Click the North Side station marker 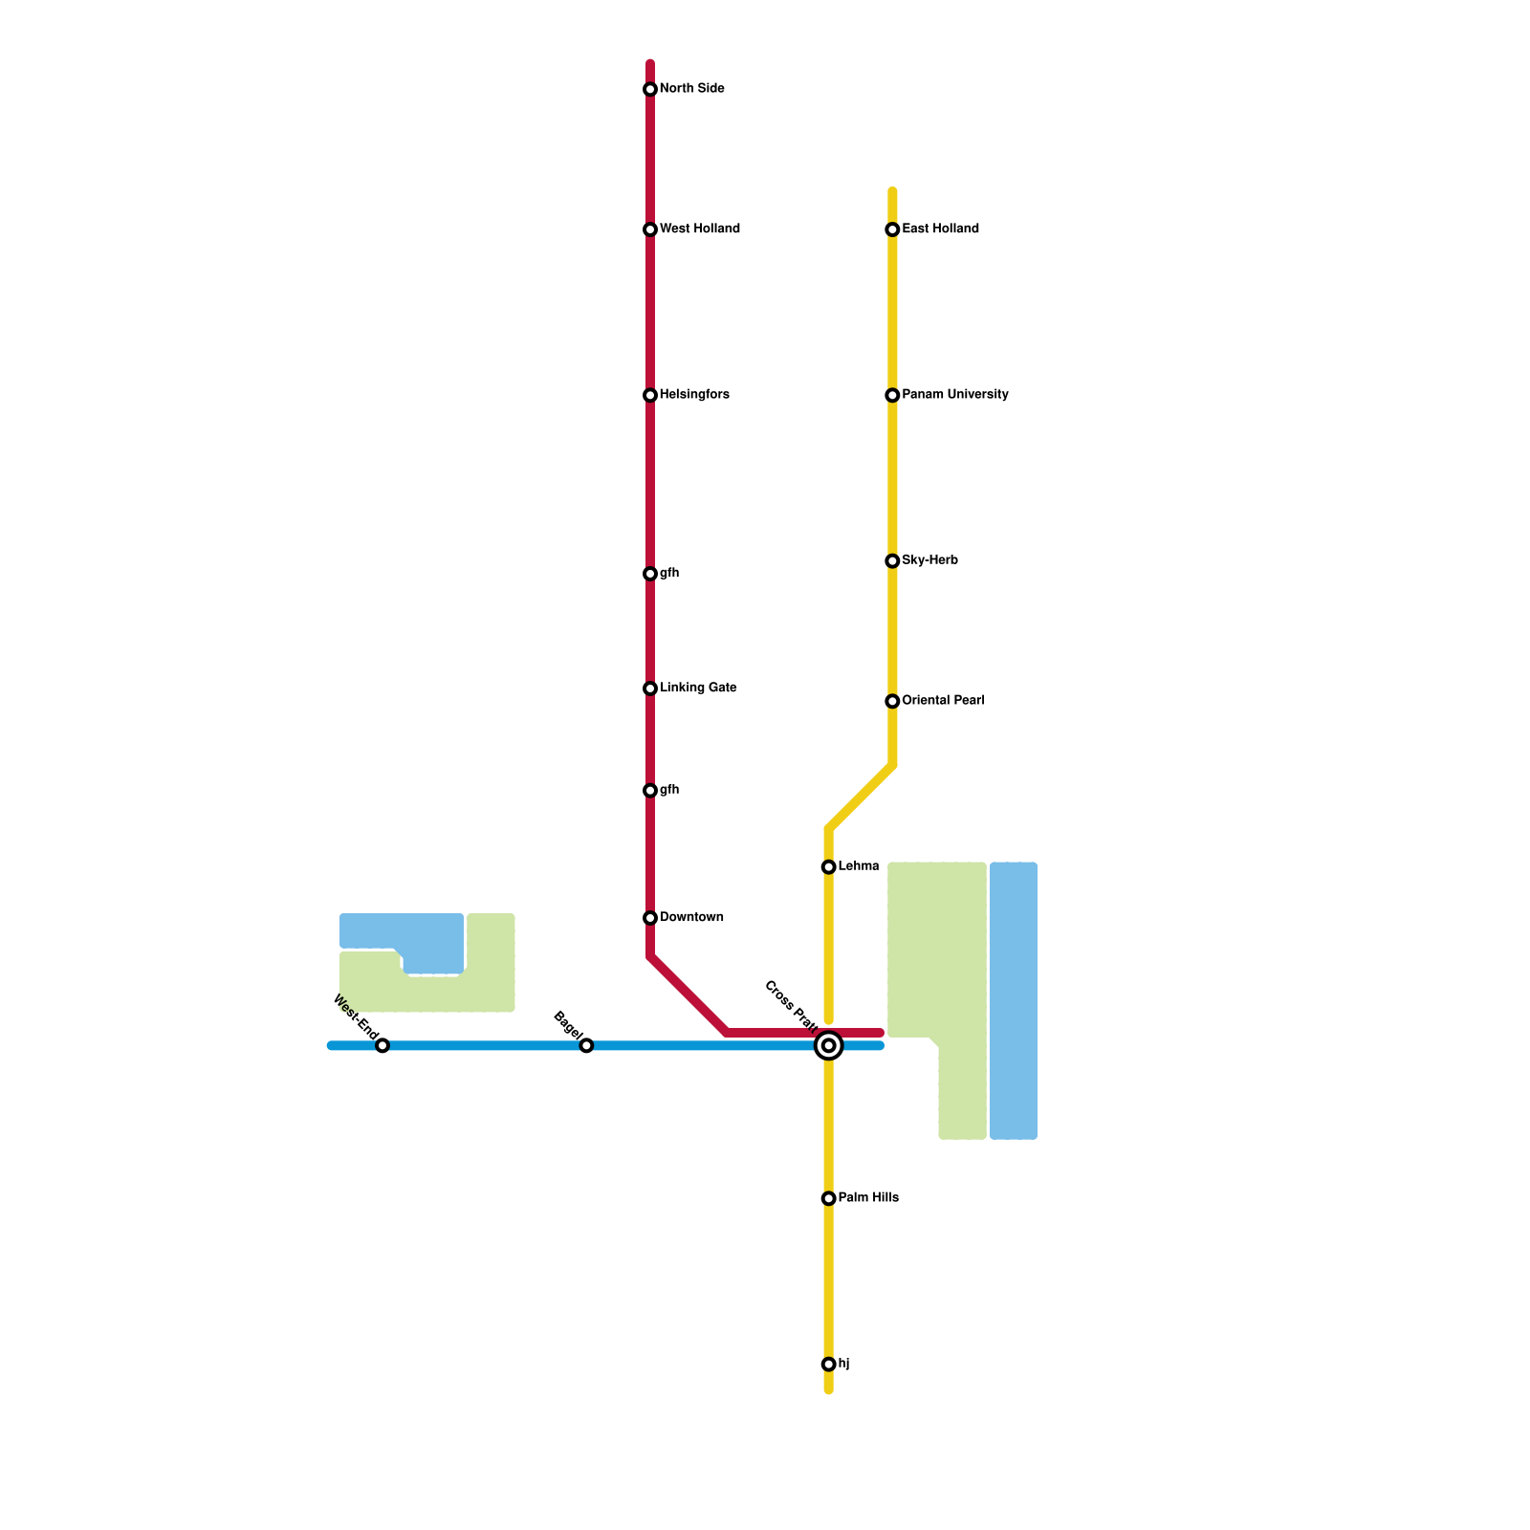(650, 90)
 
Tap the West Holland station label (700, 229)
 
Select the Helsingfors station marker (650, 396)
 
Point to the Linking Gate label (698, 688)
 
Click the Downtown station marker (650, 918)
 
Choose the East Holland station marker (892, 229)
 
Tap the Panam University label (954, 395)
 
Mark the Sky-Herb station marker (892, 561)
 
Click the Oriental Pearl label (943, 701)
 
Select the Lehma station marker (829, 867)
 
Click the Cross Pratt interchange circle (829, 1046)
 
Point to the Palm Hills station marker (829, 1199)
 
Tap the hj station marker (829, 1365)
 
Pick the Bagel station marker (586, 1046)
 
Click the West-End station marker (382, 1046)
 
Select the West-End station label (354, 1017)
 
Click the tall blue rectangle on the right (1014, 1001)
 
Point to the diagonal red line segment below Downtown (688, 994)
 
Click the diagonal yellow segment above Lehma (861, 798)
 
